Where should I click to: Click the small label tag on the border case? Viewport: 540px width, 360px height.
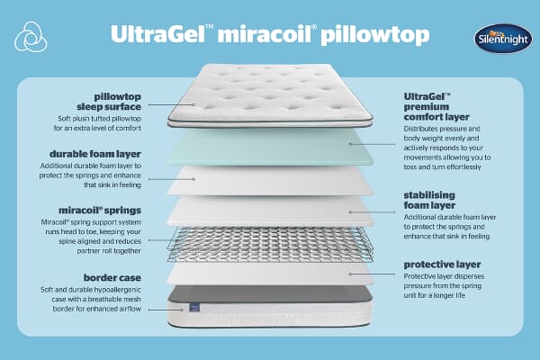[193, 309]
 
